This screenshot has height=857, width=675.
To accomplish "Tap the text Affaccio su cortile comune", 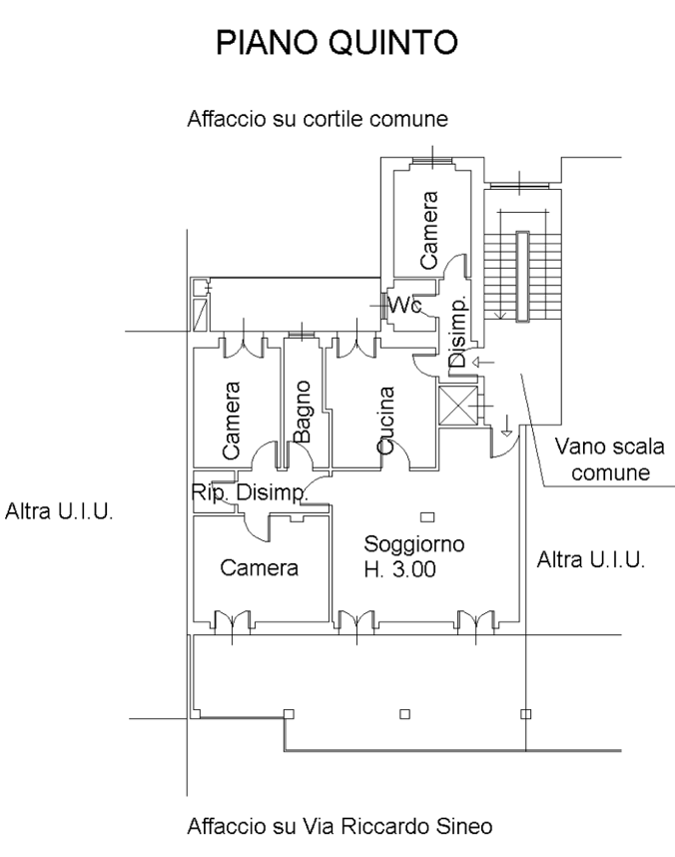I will (318, 122).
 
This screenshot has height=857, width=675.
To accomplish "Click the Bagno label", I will (304, 410).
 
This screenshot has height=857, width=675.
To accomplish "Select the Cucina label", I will (386, 421).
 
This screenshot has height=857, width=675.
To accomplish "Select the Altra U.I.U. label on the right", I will (591, 558).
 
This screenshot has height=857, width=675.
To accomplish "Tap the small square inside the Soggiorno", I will (427, 516).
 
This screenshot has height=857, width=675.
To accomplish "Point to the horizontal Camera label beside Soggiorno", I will (261, 569).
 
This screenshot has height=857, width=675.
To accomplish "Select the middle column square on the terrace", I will (404, 713).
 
